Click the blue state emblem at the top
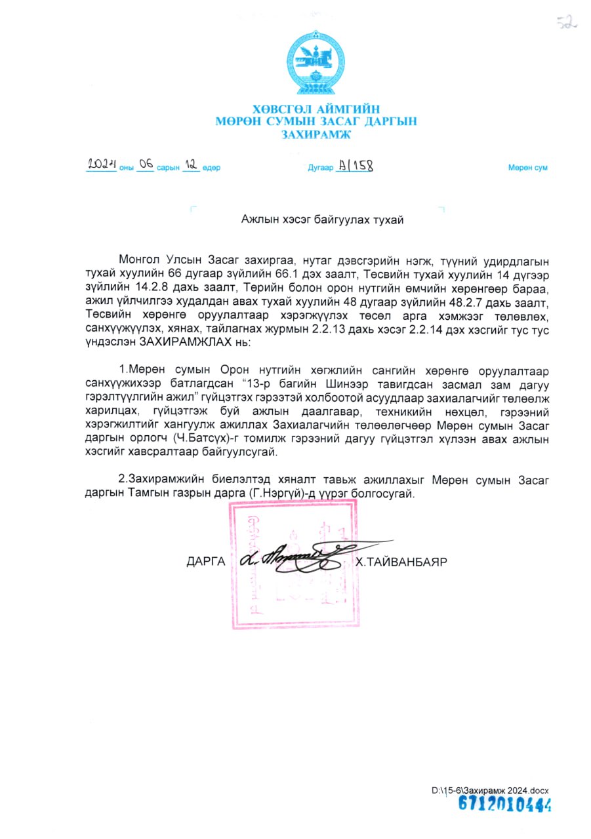[x=316, y=65]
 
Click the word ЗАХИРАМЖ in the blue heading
[x=316, y=134]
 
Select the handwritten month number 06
[x=146, y=165]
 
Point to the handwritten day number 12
[x=191, y=165]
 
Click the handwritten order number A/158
[x=355, y=166]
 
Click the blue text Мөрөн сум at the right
[x=527, y=168]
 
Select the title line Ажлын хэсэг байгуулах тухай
[x=322, y=220]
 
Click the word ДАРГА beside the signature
[x=206, y=562]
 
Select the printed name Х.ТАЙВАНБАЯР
[x=401, y=562]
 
